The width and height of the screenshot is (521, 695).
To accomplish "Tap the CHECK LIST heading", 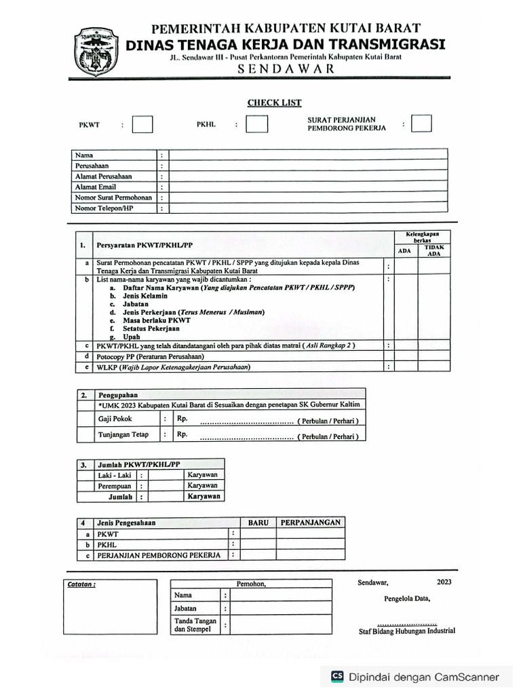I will click(274, 102).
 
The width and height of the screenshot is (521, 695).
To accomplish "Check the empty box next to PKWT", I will click(142, 125).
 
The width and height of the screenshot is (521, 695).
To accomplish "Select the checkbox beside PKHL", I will click(256, 125).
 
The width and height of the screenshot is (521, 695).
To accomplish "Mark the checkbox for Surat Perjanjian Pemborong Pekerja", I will click(421, 124).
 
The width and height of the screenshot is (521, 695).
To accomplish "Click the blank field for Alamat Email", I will click(308, 187).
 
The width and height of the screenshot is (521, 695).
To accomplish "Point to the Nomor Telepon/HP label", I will click(104, 208).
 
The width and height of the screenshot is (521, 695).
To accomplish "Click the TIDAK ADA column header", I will click(433, 250).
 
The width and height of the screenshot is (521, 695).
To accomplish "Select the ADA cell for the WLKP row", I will click(406, 367).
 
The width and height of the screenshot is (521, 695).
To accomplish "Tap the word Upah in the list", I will click(132, 337).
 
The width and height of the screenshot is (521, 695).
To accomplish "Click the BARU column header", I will click(258, 523).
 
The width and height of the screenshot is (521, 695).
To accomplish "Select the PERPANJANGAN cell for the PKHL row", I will click(310, 544).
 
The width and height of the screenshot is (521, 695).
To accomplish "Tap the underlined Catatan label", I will click(82, 584).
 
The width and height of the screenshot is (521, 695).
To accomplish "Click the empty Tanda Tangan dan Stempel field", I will click(281, 624).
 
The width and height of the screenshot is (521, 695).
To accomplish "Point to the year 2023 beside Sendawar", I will click(444, 582).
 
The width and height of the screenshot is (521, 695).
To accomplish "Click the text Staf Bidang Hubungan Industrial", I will click(407, 631).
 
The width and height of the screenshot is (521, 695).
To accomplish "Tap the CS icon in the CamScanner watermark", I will click(337, 677).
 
